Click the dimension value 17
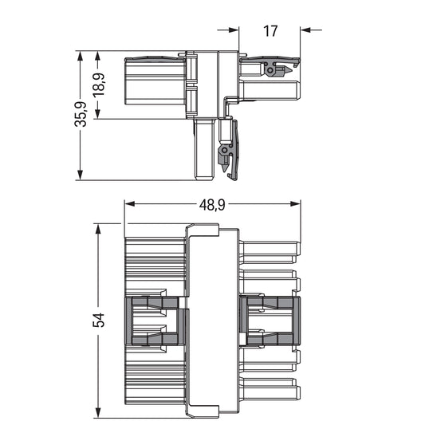coord(270,31)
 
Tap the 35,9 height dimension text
coord(80,116)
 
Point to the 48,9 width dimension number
coord(211,205)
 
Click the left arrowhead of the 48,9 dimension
coord(129,205)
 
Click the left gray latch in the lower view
coord(155,321)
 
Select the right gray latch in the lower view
coord(270,321)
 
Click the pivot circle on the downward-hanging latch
coord(224,149)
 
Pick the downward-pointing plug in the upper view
coord(204,150)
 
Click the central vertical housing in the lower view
coord(211,321)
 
